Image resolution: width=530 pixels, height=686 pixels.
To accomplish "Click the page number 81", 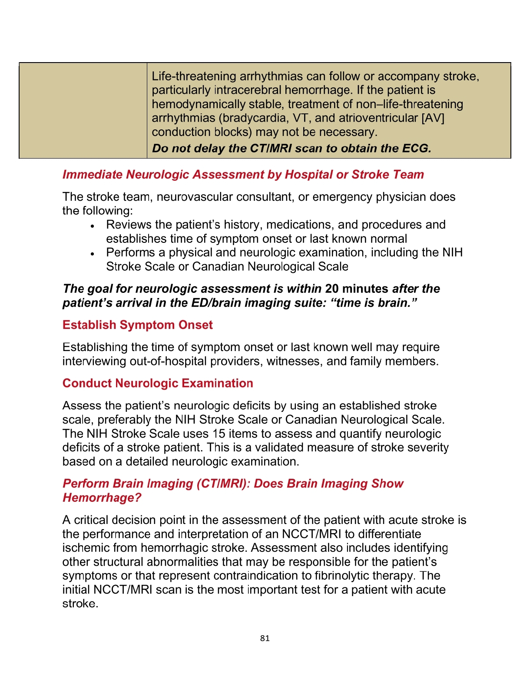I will click(x=265, y=638).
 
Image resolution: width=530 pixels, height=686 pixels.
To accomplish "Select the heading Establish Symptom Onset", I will click(x=137, y=325).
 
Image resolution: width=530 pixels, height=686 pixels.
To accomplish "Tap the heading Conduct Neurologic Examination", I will click(x=158, y=383).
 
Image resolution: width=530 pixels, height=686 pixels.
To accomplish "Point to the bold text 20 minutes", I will click(x=357, y=289).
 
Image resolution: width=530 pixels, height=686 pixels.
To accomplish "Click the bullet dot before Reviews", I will click(x=92, y=226).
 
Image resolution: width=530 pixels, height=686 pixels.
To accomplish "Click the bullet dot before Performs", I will click(x=92, y=254).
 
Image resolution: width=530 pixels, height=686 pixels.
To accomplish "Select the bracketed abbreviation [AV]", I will click(x=433, y=118).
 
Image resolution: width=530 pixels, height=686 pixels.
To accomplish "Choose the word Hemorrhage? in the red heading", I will click(x=102, y=497).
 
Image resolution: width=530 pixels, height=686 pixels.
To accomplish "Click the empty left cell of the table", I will click(x=83, y=111).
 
